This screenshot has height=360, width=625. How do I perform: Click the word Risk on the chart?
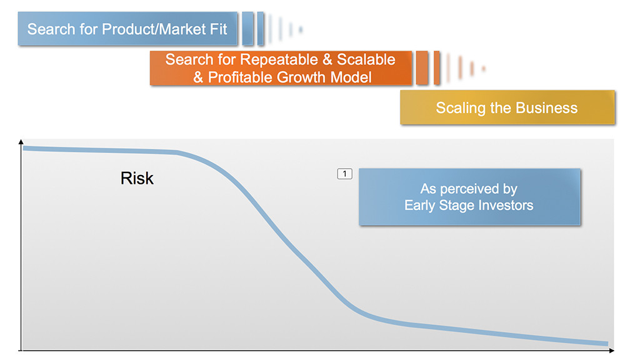137,178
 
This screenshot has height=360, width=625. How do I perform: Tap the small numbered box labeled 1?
345,174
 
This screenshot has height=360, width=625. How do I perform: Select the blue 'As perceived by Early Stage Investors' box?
469,197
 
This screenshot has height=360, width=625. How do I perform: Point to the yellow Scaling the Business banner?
507,107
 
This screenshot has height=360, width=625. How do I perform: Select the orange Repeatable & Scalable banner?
281,68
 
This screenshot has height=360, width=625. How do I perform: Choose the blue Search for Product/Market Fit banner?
127,29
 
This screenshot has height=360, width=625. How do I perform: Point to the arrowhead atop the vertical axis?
21,141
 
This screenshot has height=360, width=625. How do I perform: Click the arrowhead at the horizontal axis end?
612,351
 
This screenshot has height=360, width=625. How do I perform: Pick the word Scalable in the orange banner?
366,60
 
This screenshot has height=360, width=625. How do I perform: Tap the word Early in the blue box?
420,206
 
